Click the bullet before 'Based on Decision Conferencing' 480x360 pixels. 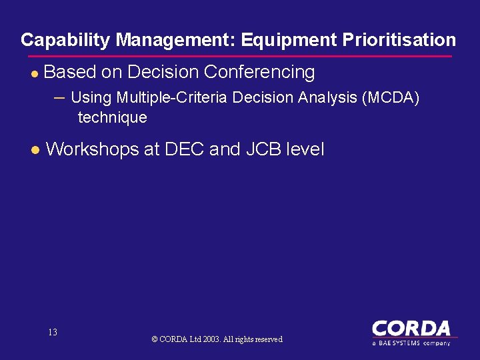pos(35,73)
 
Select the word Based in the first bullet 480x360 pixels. pos(69,72)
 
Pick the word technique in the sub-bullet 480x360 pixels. pos(112,118)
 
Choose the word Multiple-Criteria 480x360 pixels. pos(171,97)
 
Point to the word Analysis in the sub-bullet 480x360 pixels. pos(326,97)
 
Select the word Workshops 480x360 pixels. pos(92,149)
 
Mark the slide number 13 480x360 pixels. pos(53,332)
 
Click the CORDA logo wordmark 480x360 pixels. pos(411,328)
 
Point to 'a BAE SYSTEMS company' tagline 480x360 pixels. pos(411,343)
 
